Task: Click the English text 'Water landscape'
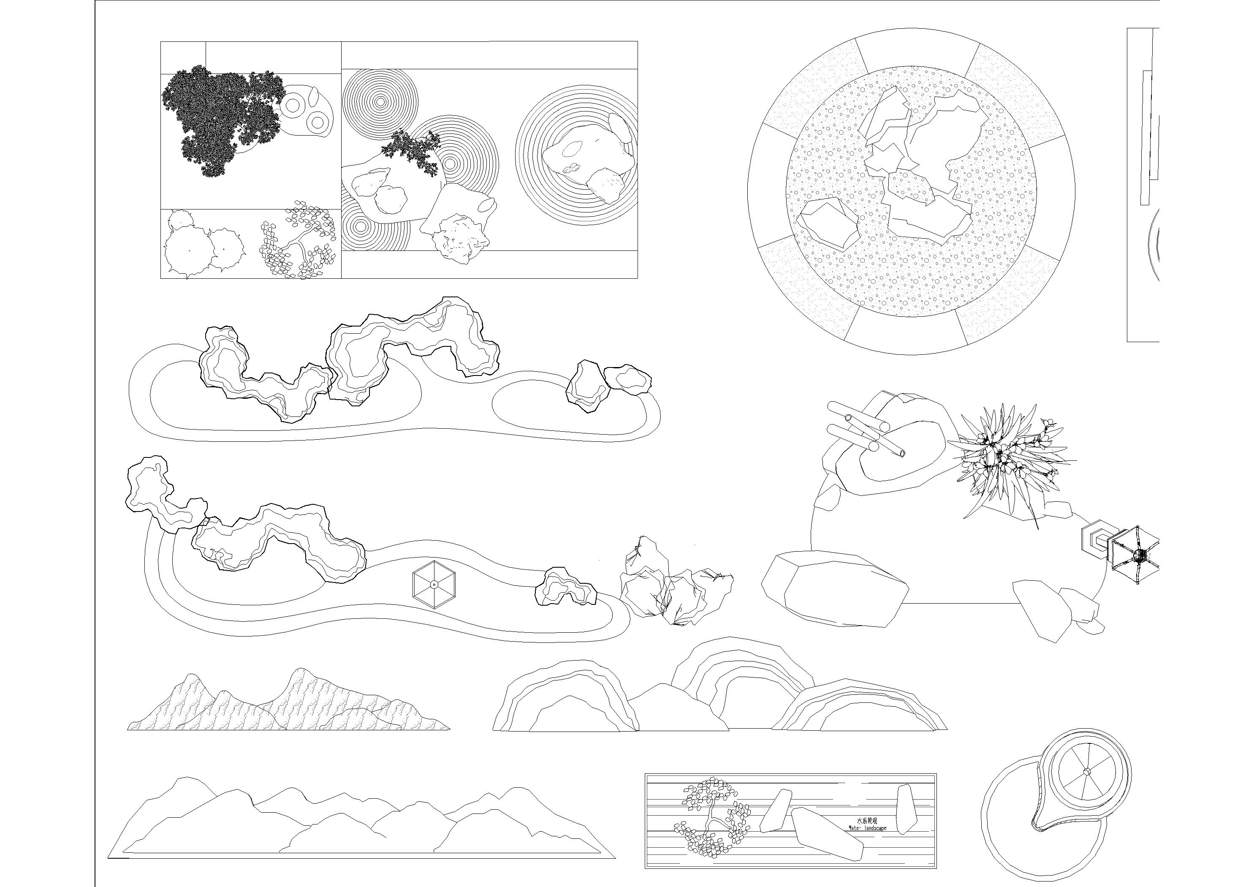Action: pos(867,828)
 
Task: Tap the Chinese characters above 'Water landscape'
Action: pos(867,820)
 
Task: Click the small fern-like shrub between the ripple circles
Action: pos(413,151)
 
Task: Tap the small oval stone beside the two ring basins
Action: pos(314,96)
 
